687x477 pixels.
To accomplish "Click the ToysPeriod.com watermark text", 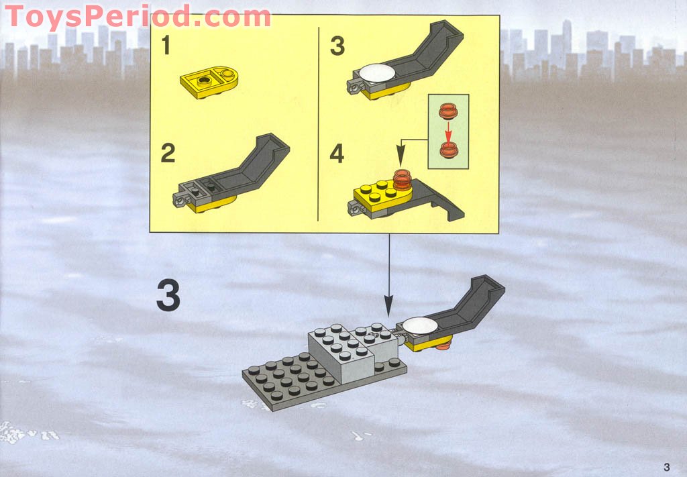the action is click(138, 17).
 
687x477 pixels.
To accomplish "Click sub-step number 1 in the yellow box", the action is click(166, 46).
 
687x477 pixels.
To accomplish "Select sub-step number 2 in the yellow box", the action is click(168, 154).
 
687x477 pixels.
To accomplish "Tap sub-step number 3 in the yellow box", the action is click(337, 46).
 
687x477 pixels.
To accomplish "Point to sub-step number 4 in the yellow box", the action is click(337, 154).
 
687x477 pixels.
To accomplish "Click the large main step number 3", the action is click(168, 296).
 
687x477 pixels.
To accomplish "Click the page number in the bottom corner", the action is click(667, 467).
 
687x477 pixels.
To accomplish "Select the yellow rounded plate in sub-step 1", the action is click(209, 82).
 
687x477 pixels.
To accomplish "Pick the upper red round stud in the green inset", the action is click(448, 111).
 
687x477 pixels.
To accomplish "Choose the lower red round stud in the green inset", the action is click(448, 150).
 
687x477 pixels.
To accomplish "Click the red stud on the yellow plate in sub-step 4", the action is click(403, 180).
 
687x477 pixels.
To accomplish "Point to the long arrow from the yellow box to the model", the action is click(388, 275).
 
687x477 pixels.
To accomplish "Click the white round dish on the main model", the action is click(420, 325).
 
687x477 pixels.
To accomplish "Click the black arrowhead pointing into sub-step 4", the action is click(401, 156).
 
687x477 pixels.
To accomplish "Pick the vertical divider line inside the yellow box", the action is click(318, 124).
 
